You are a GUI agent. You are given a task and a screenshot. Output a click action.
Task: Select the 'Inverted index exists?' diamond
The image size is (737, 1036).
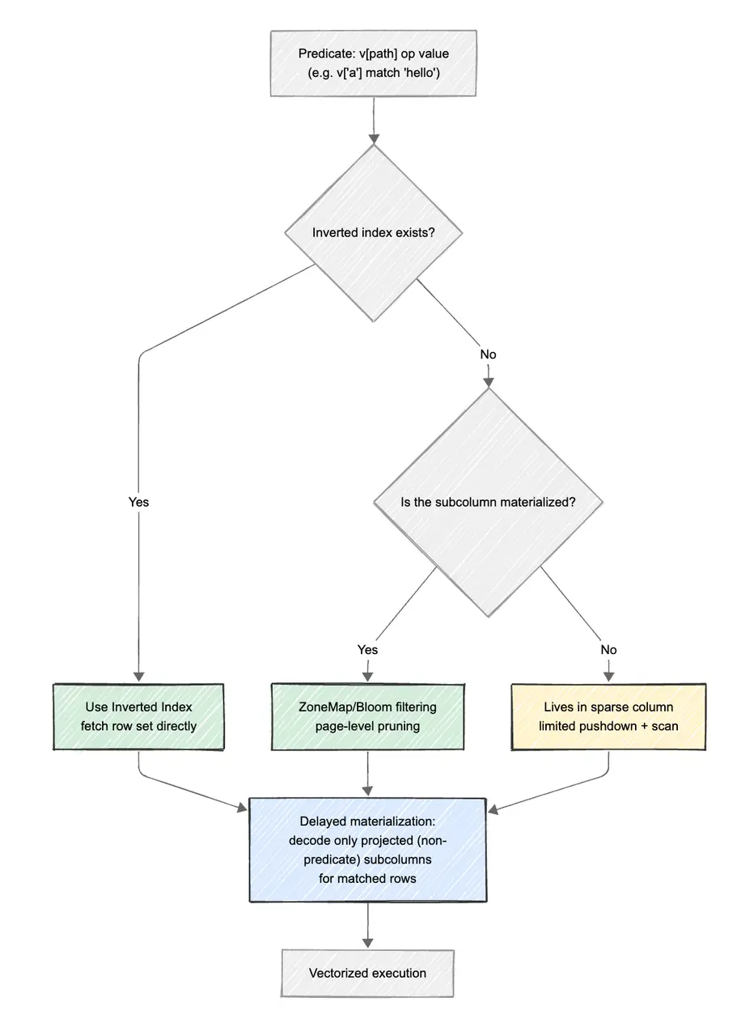tap(373, 233)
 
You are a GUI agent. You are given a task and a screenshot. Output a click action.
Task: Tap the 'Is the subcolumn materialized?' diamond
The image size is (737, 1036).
tap(488, 502)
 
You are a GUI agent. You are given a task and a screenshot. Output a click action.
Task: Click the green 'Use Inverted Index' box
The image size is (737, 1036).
tap(138, 716)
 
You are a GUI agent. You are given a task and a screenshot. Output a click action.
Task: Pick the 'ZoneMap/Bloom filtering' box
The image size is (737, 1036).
tap(368, 716)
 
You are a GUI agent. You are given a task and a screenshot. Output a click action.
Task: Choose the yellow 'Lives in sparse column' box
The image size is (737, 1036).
tap(608, 716)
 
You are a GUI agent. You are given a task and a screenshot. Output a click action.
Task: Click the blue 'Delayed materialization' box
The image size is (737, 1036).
tap(368, 850)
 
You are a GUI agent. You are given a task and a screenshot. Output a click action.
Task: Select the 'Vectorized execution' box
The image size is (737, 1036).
tap(367, 973)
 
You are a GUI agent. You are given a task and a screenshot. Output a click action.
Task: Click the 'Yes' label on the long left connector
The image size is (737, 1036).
tap(138, 502)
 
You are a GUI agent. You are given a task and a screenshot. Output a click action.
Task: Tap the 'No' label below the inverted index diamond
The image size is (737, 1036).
tap(488, 355)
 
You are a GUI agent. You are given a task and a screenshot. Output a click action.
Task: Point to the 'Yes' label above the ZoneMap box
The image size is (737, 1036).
tap(367, 649)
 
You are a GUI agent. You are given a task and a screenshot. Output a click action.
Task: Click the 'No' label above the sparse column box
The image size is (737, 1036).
tap(608, 649)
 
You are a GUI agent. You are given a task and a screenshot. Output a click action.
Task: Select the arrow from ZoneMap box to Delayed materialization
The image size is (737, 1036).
tap(368, 773)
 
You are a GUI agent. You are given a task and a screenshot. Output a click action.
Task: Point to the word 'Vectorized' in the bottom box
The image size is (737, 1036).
tap(338, 973)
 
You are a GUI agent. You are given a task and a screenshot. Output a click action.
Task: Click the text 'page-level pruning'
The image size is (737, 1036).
tap(368, 726)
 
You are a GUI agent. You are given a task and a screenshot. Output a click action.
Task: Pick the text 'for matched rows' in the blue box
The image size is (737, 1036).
tap(368, 877)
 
